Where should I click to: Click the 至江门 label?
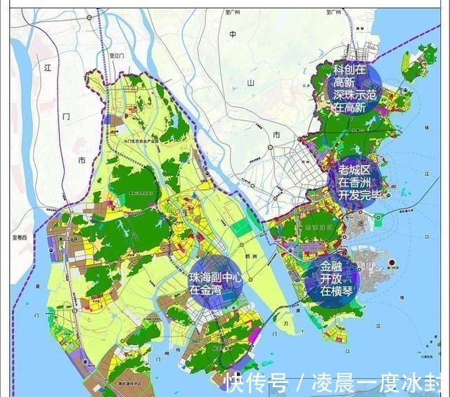pyautogui.click(x=116, y=54)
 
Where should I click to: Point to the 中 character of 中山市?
pyautogui.click(x=233, y=33)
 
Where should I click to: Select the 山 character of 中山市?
pyautogui.click(x=250, y=83)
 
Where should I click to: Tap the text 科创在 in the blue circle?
pyautogui.click(x=349, y=70)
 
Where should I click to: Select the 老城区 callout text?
pyautogui.click(x=354, y=169)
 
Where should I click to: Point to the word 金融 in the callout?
pyautogui.click(x=334, y=267)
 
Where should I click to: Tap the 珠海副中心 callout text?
pyautogui.click(x=216, y=278)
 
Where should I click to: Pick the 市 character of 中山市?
pyautogui.click(x=276, y=134)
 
